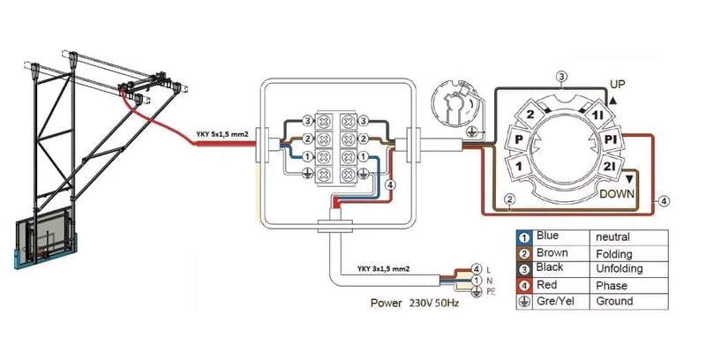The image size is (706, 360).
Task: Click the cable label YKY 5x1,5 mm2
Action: point(221,135)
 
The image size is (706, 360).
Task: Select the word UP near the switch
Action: point(618,83)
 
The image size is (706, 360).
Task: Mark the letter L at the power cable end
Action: point(488,268)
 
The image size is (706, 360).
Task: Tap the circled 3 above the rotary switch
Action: point(561,76)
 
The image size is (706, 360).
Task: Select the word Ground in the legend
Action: point(614,301)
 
